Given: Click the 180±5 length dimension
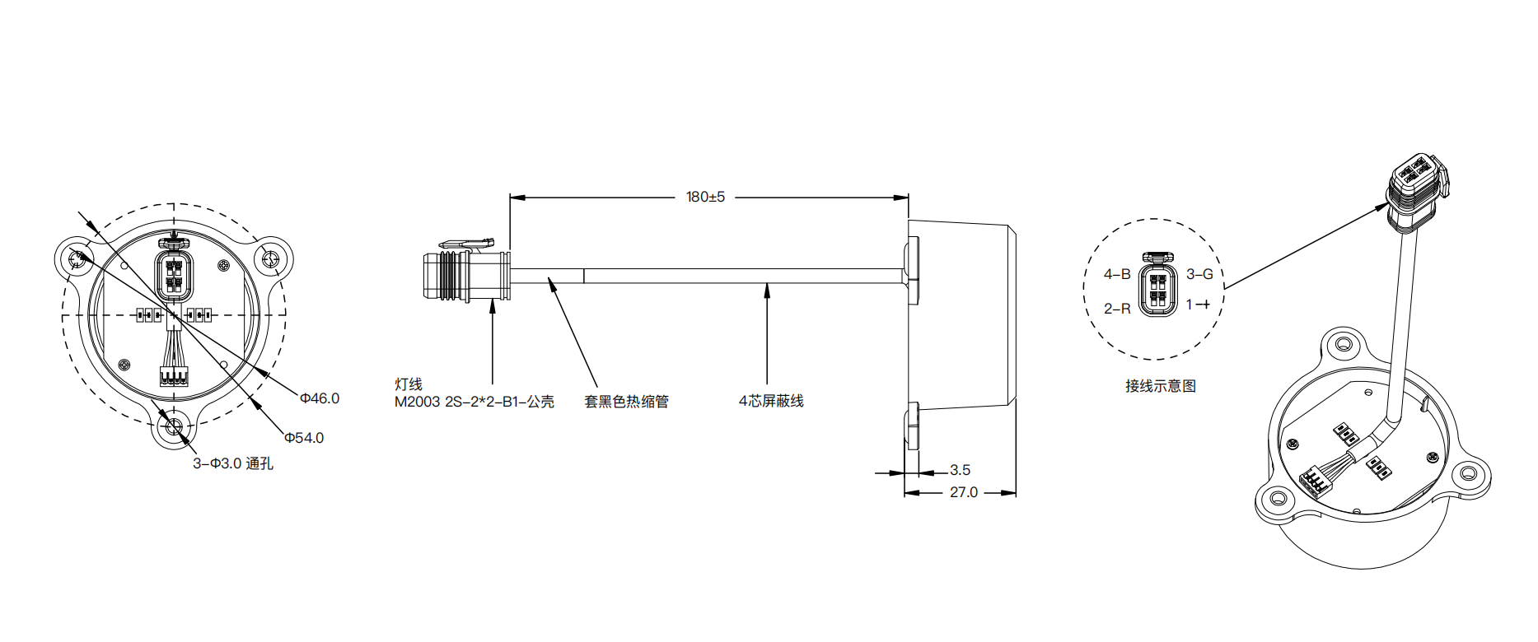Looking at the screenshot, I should (x=705, y=198).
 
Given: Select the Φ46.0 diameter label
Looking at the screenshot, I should (x=320, y=398).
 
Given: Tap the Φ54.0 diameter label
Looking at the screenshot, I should (x=304, y=438).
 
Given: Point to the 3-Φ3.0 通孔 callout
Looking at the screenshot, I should (x=233, y=464).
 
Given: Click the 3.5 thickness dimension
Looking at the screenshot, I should (x=960, y=470).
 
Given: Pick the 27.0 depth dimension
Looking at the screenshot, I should (x=964, y=492).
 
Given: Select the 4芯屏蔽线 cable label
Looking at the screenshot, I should (x=771, y=401).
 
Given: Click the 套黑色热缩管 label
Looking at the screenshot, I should (x=626, y=402).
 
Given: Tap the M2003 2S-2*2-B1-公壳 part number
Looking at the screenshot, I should (x=474, y=402).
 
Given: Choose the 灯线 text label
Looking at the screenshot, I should (x=409, y=384).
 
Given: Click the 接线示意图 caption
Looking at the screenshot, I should (x=1160, y=386).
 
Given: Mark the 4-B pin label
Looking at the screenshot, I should (x=1117, y=274).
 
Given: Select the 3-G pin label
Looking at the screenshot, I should (x=1199, y=274).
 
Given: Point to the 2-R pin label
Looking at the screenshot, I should (x=1117, y=309).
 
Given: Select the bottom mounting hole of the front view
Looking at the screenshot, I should (x=174, y=427).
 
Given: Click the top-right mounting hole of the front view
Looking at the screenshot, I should (x=272, y=259).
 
